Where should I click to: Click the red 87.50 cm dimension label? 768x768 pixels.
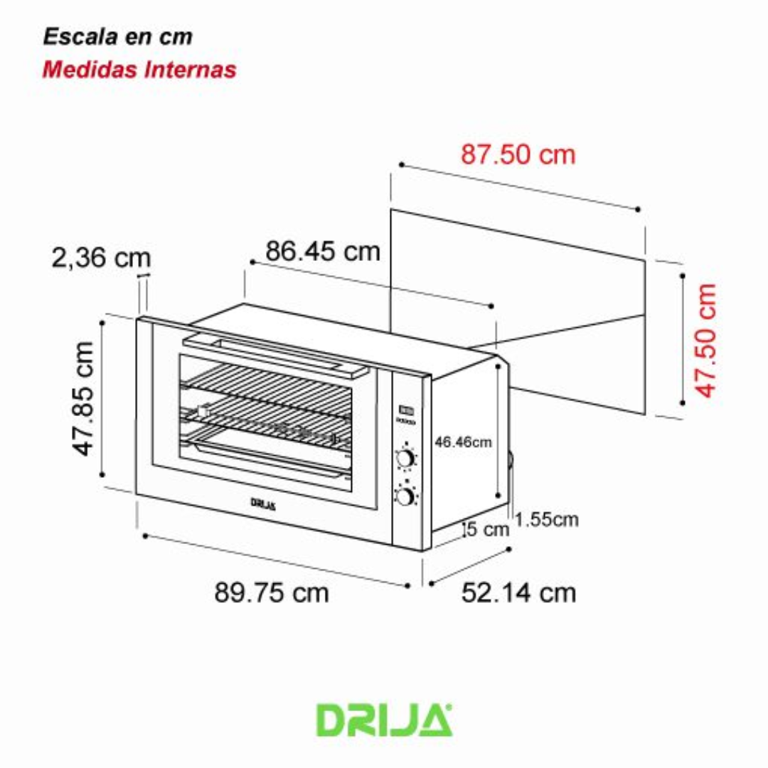[518, 154]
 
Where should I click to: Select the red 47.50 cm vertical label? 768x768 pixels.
[706, 340]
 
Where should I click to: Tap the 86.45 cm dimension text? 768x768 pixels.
[323, 251]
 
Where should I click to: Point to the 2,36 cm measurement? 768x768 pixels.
[101, 258]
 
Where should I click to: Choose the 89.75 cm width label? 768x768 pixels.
[272, 592]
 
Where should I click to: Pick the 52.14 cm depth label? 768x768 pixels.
[518, 592]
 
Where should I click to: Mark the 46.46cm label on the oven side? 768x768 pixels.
[463, 442]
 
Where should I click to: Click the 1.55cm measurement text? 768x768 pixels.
[546, 519]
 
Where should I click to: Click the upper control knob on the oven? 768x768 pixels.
[405, 458]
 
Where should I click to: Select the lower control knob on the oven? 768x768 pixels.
[405, 496]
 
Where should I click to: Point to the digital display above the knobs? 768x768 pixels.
[406, 410]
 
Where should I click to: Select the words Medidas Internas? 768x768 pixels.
[139, 70]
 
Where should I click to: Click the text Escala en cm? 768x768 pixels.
[117, 37]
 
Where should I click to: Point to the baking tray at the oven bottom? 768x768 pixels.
[267, 459]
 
